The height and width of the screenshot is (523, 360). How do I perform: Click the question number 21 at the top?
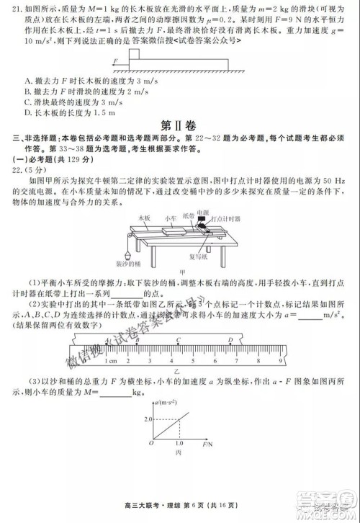[x=9, y=6]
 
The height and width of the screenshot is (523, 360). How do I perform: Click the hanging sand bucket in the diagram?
[x=123, y=256]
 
